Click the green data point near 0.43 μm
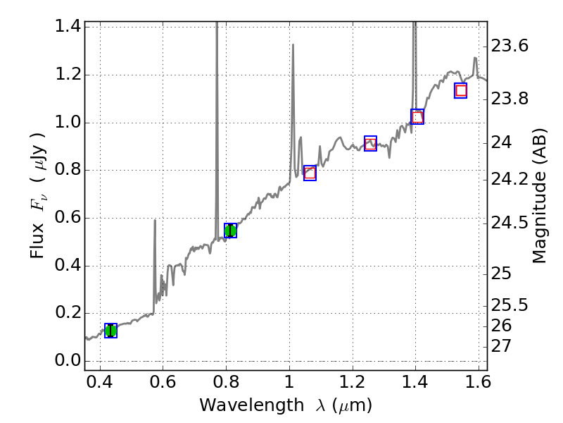click(110, 331)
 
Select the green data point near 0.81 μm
click(230, 231)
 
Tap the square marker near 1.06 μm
click(310, 173)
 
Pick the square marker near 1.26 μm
click(370, 144)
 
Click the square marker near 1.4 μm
click(417, 117)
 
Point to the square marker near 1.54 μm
click(461, 90)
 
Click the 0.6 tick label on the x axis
click(163, 385)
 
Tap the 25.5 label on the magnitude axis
click(510, 305)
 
